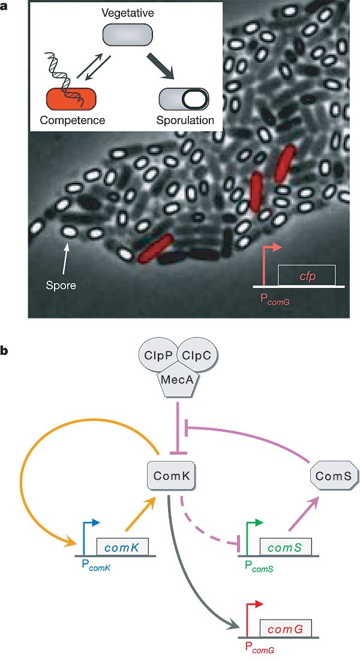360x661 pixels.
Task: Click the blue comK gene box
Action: [x=122, y=547]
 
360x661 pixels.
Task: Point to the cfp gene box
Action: [x=306, y=276]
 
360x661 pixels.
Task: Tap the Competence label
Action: [x=73, y=120]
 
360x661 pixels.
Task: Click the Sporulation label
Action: [x=186, y=120]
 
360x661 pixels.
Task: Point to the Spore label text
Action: [x=61, y=285]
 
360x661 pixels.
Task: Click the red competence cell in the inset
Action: [x=71, y=98]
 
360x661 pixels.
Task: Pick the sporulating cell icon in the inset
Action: [x=184, y=98]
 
